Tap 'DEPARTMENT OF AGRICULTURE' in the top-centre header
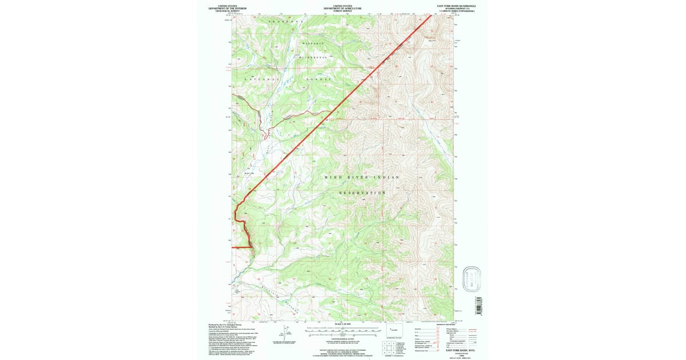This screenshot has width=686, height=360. point(342,8)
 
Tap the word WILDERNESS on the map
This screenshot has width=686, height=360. point(312,58)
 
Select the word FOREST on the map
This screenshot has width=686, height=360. point(319,78)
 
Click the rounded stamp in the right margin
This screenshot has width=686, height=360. point(470,279)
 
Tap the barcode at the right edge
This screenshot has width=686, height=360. point(479,302)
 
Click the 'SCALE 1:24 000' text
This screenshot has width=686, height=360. point(342,324)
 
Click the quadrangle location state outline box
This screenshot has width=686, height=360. point(394,331)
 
